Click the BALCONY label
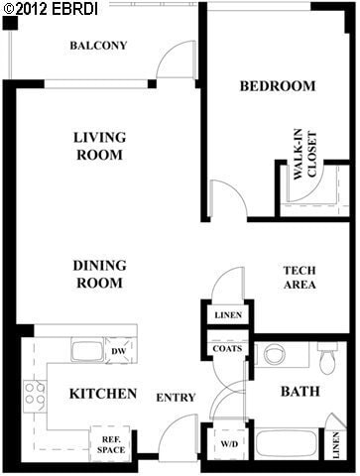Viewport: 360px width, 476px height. point(98,46)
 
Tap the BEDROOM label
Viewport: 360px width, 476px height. point(278,86)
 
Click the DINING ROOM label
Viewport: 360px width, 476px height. point(98,274)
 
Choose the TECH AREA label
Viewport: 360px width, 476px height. point(299,278)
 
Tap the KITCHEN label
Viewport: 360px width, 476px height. point(102,394)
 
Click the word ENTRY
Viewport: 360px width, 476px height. point(176,398)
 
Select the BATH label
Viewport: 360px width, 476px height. point(299,392)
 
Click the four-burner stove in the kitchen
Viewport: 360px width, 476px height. point(35,394)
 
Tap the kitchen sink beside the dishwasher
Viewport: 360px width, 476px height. point(87,351)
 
